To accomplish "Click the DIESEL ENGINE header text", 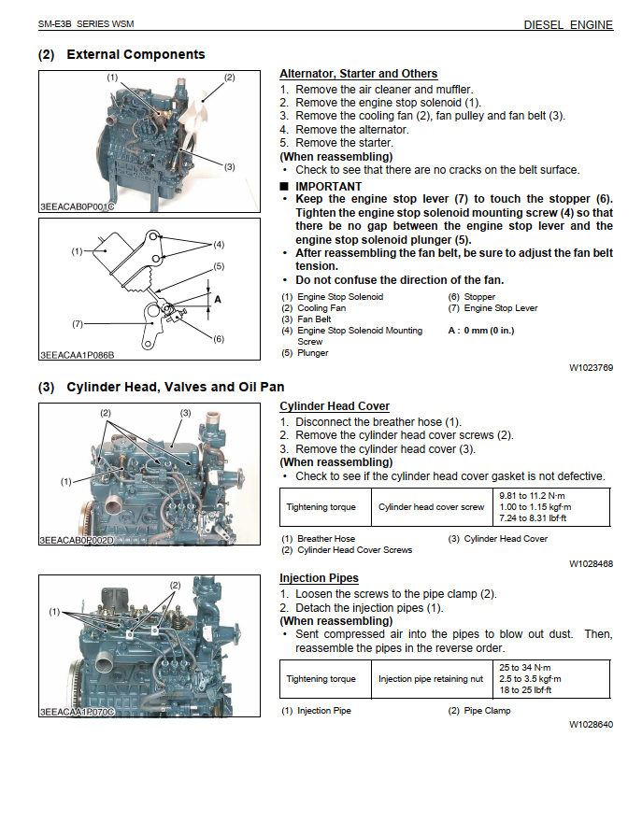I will (x=568, y=25).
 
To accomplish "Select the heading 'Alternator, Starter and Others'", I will (x=358, y=74).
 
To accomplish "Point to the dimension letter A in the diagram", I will (x=218, y=300).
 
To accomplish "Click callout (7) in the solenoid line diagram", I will (x=78, y=324).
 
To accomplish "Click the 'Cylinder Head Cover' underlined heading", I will (x=335, y=406).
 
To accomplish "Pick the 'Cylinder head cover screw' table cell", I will (x=431, y=507).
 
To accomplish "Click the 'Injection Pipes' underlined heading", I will (x=319, y=578).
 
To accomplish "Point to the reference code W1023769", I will (x=591, y=368).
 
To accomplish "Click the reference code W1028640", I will (x=591, y=724).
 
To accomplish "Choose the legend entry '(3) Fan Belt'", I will (x=307, y=319).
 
